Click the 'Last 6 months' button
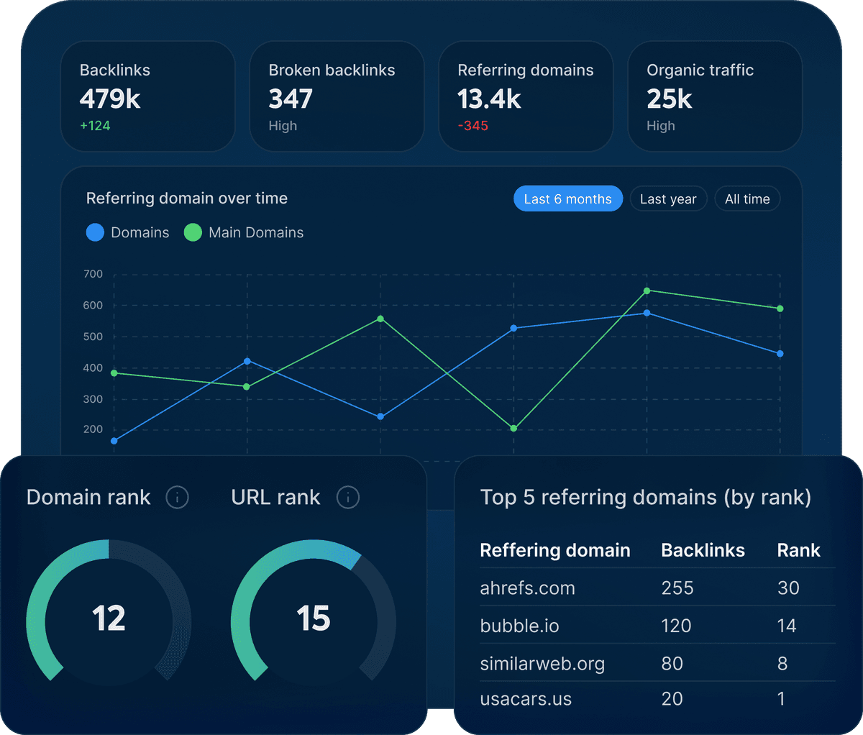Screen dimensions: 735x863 567,199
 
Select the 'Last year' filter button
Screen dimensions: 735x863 668,199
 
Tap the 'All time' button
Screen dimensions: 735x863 747,199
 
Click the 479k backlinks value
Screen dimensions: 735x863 110,99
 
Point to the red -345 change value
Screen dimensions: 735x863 473,126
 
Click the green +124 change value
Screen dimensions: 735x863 95,126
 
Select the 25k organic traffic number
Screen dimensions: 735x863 669,99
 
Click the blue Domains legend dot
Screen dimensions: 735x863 95,232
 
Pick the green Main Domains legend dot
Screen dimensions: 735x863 193,232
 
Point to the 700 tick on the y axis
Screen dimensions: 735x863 93,274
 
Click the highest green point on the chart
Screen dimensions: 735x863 647,291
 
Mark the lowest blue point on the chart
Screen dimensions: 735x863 114,441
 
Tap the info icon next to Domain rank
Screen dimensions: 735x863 177,497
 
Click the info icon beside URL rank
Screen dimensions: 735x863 348,497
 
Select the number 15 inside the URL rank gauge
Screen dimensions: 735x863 314,618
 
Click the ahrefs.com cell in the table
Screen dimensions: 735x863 527,588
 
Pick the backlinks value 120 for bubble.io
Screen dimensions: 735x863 676,626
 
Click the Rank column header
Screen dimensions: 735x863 798,550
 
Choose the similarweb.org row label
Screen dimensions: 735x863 542,664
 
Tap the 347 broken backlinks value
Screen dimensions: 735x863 291,99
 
